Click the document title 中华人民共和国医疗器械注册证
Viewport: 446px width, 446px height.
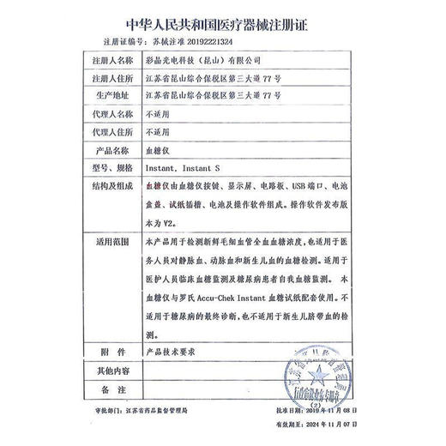pyautogui.click(x=222, y=23)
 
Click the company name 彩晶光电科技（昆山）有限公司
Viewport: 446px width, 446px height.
pyautogui.click(x=201, y=61)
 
